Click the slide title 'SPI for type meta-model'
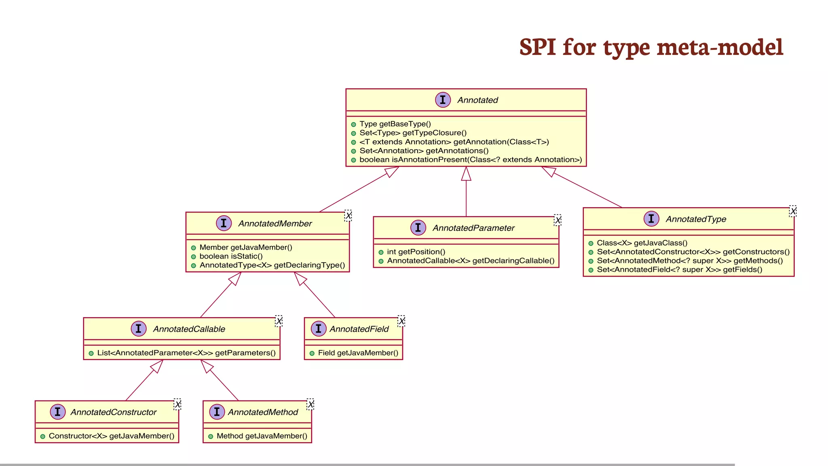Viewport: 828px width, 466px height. pos(651,47)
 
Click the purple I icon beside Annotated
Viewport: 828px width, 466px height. pos(443,100)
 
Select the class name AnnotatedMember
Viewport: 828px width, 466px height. pos(275,223)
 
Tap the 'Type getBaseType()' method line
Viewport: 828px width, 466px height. pos(395,124)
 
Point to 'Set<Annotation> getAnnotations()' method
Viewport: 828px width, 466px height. pos(424,150)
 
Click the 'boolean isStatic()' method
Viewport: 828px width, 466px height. pos(231,256)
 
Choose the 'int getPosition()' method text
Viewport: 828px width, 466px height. pos(416,252)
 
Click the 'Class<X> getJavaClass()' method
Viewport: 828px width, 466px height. pos(642,243)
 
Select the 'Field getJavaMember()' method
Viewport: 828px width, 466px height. pos(358,353)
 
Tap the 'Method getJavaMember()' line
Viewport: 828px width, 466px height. pos(262,436)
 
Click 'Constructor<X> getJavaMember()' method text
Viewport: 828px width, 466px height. pos(112,436)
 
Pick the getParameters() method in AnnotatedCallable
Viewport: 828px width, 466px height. pos(186,353)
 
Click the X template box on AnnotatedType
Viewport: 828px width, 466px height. pos(793,211)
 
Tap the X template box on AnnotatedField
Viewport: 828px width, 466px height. pos(401,321)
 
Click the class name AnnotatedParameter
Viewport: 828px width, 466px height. pos(473,228)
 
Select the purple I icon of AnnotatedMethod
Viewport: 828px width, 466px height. pos(217,412)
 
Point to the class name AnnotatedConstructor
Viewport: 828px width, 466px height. pos(114,412)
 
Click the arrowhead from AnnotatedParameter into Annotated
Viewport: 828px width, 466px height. pos(466,174)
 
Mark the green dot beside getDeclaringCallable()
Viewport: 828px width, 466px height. pos(381,261)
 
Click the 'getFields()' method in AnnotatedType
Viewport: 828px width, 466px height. pos(679,269)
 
